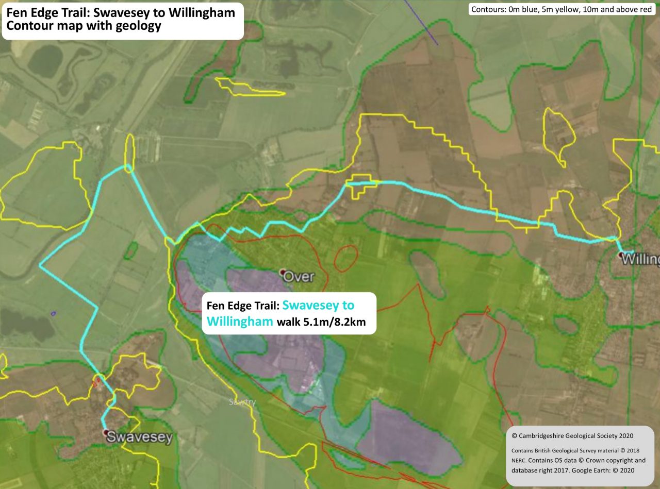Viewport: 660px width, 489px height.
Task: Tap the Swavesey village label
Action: coord(139,437)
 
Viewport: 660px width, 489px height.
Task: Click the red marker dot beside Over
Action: coord(283,272)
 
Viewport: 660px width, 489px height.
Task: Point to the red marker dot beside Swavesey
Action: coord(106,433)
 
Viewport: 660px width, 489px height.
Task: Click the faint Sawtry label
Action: coord(242,402)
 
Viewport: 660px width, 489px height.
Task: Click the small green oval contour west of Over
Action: coord(131,250)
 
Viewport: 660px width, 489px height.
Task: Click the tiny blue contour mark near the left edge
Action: coord(53,313)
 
